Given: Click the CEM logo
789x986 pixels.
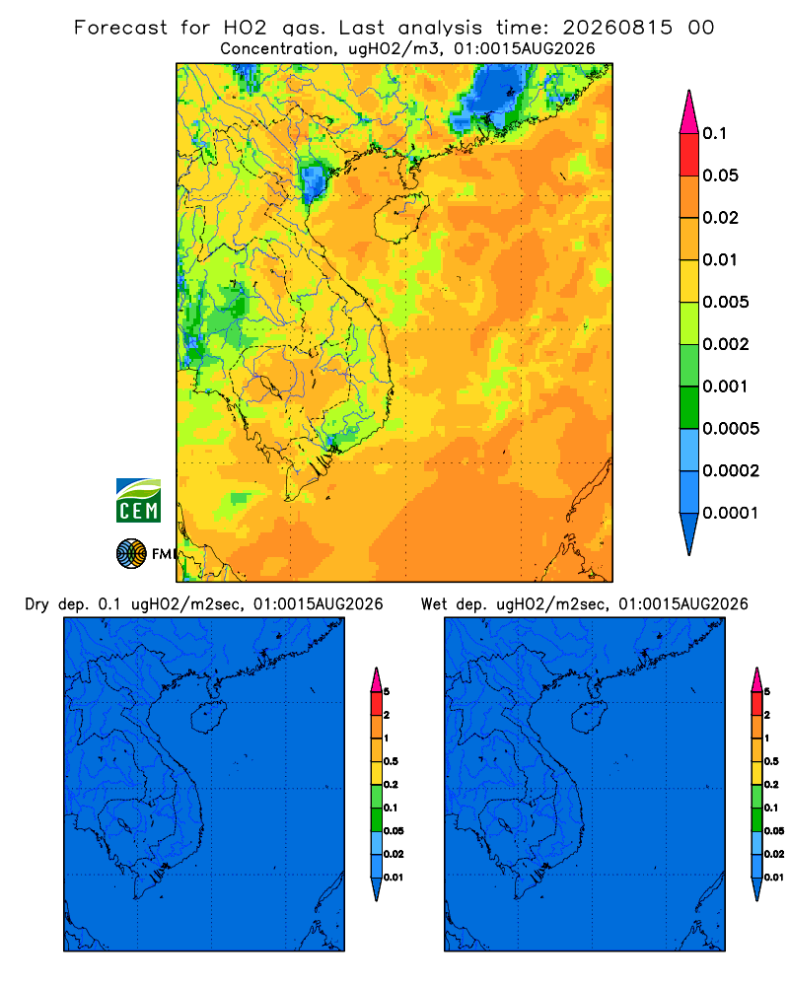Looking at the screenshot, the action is (138, 501).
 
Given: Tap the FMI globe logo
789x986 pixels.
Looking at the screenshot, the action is (131, 553).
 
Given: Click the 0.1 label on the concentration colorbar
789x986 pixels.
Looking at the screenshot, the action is (714, 133).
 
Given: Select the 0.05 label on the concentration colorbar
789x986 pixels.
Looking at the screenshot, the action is (720, 176).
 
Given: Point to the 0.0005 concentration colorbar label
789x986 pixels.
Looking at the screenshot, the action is (731, 428).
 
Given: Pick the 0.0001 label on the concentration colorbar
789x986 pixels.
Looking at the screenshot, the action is (731, 513).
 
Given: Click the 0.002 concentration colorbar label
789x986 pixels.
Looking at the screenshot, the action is (726, 344).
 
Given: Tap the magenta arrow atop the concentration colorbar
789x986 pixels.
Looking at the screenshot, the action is (689, 111).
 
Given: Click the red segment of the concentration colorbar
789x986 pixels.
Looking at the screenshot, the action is (689, 155).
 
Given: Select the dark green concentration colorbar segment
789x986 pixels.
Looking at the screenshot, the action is (689, 407).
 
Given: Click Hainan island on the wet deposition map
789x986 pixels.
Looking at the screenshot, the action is (590, 718).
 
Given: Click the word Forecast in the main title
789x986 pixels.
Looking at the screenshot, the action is (120, 28).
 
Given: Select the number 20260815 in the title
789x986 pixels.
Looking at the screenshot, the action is (617, 28).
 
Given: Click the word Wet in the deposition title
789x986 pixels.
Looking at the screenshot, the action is (434, 604).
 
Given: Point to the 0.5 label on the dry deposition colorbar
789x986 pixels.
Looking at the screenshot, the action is (391, 761).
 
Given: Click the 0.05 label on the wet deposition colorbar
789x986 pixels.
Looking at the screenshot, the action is (774, 830).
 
